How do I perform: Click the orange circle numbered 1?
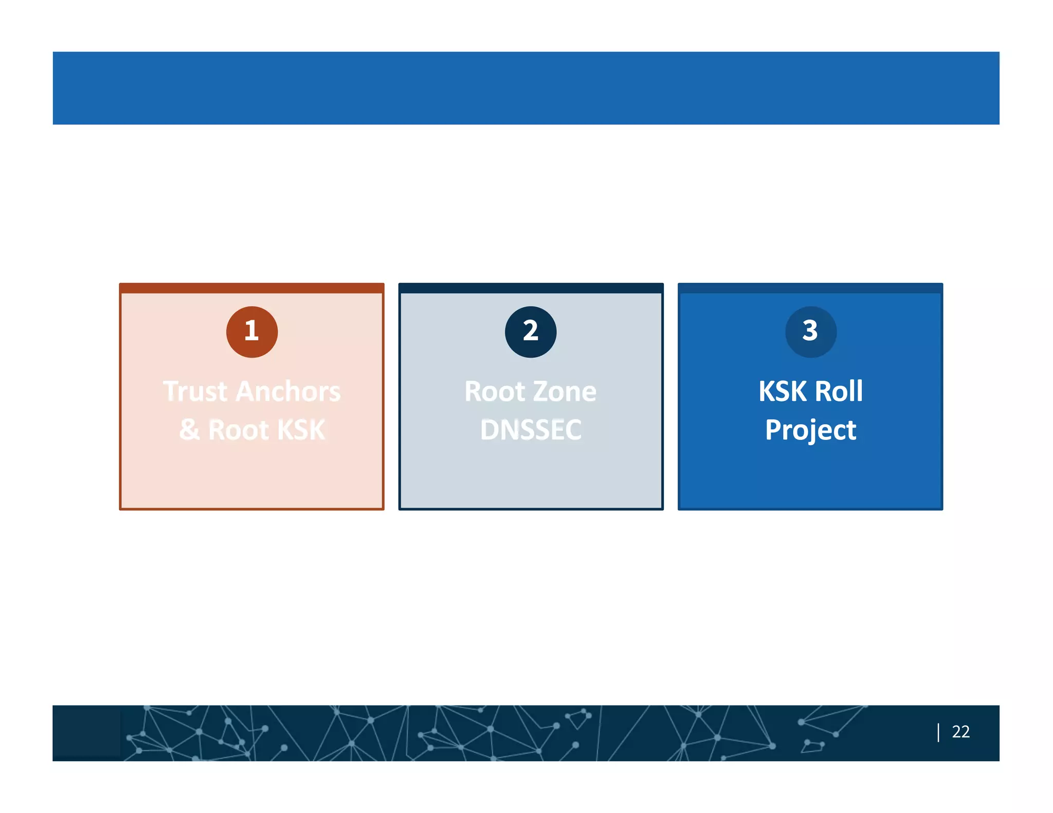click(252, 331)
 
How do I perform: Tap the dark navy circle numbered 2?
click(531, 331)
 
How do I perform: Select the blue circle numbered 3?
click(810, 331)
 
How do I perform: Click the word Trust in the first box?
click(195, 392)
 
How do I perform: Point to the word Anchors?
click(288, 392)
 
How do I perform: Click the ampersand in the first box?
click(189, 430)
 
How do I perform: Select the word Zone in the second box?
click(565, 392)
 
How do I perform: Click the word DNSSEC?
click(531, 430)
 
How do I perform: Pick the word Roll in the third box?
click(839, 392)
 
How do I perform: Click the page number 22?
click(960, 731)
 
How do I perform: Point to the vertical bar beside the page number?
click(938, 732)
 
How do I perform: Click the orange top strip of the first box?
click(252, 288)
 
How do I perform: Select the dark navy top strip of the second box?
click(531, 288)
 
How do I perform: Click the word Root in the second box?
click(496, 392)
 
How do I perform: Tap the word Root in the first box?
click(238, 430)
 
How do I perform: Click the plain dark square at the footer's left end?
click(87, 732)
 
